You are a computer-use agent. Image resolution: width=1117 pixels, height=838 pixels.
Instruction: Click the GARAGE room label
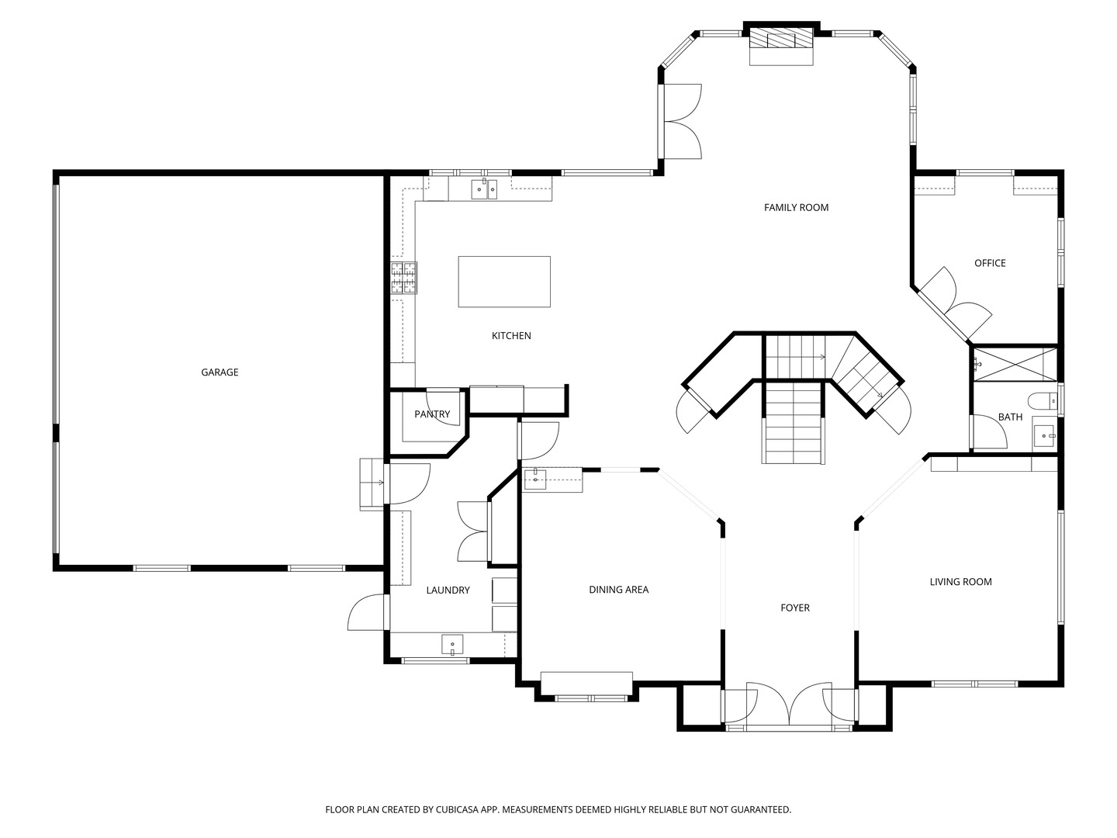pyautogui.click(x=220, y=372)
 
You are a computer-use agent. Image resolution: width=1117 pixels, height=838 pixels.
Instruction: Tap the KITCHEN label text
pyautogui.click(x=511, y=335)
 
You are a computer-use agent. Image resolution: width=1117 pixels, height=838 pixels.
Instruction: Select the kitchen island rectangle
pyautogui.click(x=503, y=282)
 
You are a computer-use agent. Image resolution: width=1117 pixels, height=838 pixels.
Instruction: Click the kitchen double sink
pyautogui.click(x=484, y=189)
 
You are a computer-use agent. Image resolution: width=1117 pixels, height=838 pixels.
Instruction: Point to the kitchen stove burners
pyautogui.click(x=403, y=277)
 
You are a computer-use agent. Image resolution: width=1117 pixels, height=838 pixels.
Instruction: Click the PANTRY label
pyautogui.click(x=432, y=414)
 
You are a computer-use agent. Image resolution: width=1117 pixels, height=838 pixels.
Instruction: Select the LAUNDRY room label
pyautogui.click(x=448, y=590)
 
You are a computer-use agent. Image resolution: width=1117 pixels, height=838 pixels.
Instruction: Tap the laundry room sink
pyautogui.click(x=452, y=645)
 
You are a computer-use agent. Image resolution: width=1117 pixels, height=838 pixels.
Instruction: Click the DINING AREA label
pyautogui.click(x=619, y=589)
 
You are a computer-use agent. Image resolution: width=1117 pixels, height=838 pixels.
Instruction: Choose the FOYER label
pyautogui.click(x=795, y=608)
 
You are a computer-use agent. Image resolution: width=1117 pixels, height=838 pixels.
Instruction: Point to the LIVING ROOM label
pyautogui.click(x=961, y=582)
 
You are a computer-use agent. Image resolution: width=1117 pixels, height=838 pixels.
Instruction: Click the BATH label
pyautogui.click(x=1010, y=417)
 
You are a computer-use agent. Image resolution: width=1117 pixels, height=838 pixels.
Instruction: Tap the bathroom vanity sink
pyautogui.click(x=1045, y=436)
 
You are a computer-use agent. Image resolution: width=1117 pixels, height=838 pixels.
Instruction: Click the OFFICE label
pyautogui.click(x=990, y=263)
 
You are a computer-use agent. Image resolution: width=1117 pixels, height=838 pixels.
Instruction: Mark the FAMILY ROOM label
pyautogui.click(x=796, y=207)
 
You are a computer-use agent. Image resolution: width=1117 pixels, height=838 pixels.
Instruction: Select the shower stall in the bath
pyautogui.click(x=1015, y=364)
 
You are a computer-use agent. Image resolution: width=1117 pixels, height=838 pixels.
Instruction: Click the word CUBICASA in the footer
pyautogui.click(x=457, y=809)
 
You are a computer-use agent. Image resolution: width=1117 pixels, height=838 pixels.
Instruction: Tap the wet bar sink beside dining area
pyautogui.click(x=535, y=480)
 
